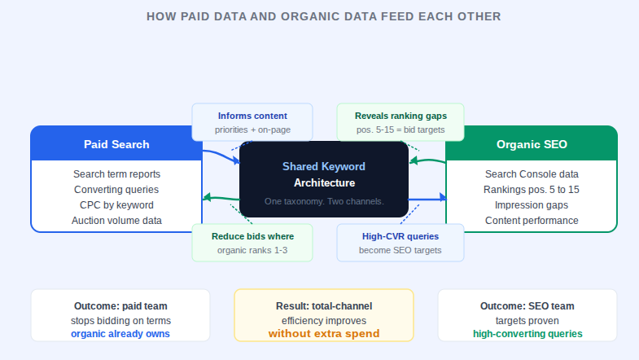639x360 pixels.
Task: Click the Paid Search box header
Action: (116, 144)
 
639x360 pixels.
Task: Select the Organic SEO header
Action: (532, 144)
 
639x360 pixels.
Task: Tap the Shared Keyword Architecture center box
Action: (323, 179)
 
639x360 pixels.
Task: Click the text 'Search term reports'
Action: (116, 174)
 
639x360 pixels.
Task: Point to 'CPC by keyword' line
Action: (116, 205)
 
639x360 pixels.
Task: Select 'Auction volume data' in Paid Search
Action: (116, 221)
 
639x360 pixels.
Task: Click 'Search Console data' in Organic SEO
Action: (532, 174)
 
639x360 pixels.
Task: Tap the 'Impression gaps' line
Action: (532, 205)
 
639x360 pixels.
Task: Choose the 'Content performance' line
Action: (532, 221)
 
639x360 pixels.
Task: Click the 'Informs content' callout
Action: (252, 122)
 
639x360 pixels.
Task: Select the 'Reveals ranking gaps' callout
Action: (400, 122)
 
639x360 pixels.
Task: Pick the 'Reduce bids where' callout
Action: (252, 243)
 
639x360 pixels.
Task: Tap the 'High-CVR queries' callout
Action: (400, 243)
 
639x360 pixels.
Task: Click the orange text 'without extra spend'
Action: (324, 334)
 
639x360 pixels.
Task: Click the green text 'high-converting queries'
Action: (527, 334)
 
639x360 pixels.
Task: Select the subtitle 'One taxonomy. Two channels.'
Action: (323, 201)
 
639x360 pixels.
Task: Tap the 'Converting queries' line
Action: (116, 190)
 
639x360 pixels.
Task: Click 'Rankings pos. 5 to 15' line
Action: (532, 190)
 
